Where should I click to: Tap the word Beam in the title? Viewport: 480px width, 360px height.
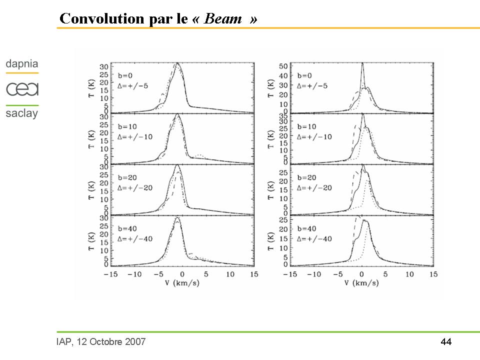pos(223,19)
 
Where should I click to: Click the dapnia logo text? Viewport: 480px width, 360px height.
pos(22,64)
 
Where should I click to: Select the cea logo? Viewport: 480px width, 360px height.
pos(22,89)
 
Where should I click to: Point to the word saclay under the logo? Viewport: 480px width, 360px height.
pos(22,113)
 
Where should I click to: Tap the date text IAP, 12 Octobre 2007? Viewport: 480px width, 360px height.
pos(101,342)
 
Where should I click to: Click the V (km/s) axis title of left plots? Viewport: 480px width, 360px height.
pos(181,283)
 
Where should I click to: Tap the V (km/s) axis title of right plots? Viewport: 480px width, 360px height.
pos(361,283)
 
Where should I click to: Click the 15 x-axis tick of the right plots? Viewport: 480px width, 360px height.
pos(433,274)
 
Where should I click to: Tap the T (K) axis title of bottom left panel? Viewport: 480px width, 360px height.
pos(92,240)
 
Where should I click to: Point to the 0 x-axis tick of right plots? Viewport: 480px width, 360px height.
pos(361,274)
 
